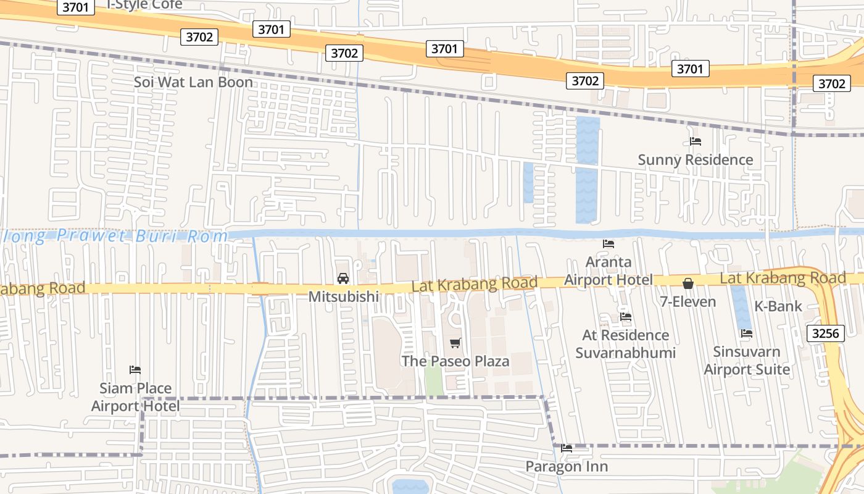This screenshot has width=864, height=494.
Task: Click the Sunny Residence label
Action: (695, 160)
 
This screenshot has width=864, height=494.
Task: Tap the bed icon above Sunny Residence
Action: (696, 141)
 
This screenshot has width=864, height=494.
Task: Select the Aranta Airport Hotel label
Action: (608, 270)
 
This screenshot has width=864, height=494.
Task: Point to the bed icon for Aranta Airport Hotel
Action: (609, 244)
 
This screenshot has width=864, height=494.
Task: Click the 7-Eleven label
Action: (687, 302)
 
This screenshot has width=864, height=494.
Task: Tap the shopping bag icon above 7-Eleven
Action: (688, 283)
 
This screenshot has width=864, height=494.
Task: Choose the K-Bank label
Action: (778, 306)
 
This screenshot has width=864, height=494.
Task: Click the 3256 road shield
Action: (826, 333)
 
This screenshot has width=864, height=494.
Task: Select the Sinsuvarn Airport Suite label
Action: (747, 361)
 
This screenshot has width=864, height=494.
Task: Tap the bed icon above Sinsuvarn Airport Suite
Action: (747, 333)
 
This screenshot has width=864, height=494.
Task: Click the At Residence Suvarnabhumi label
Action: (626, 344)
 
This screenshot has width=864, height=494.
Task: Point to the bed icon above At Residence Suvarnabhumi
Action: (626, 317)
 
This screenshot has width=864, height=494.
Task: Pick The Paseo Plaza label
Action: (455, 361)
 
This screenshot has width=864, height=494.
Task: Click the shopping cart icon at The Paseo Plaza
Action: (455, 343)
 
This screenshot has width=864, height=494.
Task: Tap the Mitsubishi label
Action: (343, 296)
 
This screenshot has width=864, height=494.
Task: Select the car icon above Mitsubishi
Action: (343, 278)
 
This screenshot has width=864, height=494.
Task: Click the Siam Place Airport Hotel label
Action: (136, 396)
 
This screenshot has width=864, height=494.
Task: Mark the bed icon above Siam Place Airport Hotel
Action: (135, 370)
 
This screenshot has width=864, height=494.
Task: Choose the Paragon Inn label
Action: (567, 466)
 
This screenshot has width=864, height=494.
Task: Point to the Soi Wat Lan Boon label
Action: (193, 82)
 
